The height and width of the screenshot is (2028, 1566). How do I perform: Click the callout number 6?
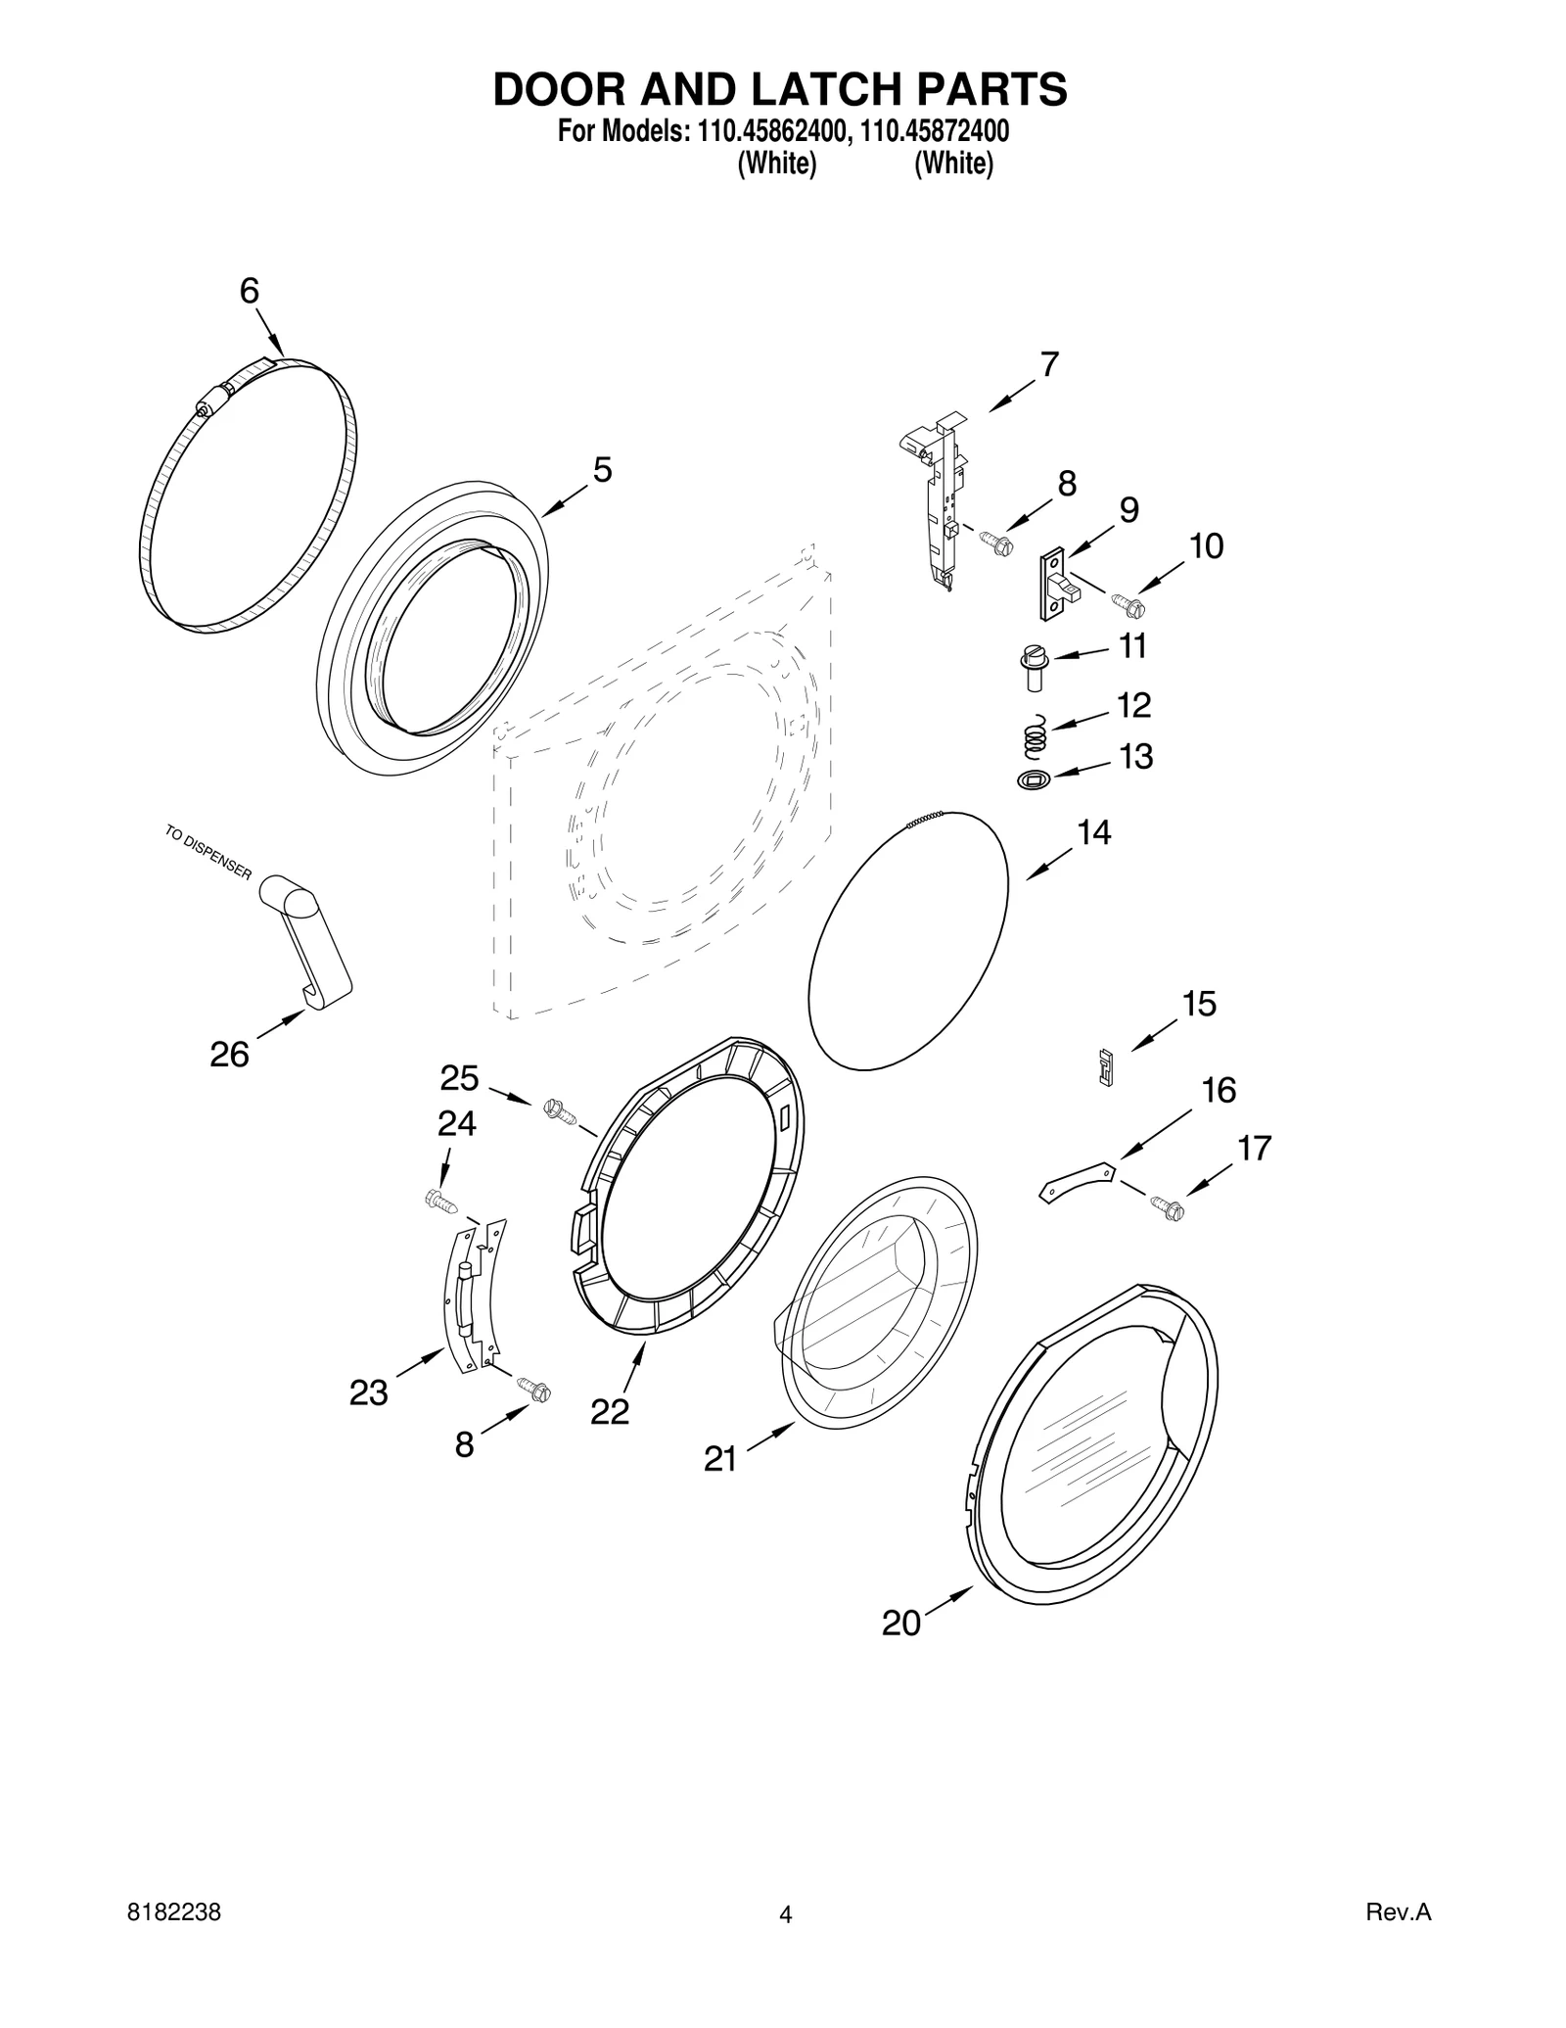[x=250, y=291]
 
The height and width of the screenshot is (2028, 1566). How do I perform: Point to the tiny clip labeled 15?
[x=1107, y=1067]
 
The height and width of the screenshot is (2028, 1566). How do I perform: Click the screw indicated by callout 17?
[x=1168, y=1208]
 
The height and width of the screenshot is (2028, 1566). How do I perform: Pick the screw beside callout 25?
[x=559, y=1109]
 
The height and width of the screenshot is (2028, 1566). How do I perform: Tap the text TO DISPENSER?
[x=208, y=853]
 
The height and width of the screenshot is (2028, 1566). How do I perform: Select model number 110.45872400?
[x=935, y=131]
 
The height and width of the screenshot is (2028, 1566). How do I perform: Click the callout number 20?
[x=900, y=1624]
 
